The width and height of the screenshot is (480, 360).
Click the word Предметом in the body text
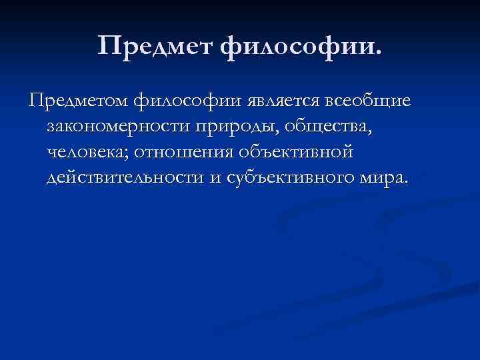tap(76, 102)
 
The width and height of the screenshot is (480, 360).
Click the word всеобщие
tap(369, 102)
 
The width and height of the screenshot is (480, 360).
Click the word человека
tap(85, 153)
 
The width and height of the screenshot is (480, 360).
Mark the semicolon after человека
tap(127, 155)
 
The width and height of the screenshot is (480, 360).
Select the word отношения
tap(181, 153)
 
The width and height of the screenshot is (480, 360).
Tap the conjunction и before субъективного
tap(214, 180)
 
